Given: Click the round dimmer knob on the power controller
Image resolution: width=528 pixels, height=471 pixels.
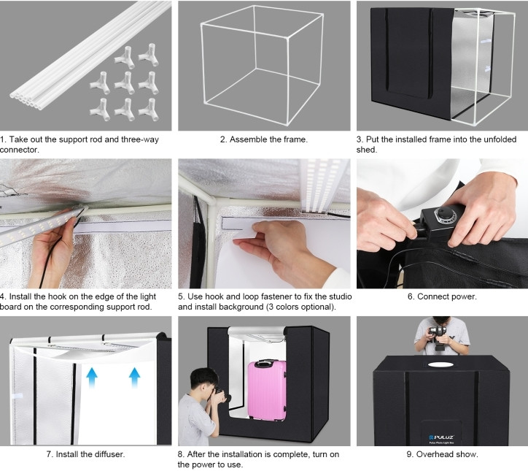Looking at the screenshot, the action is [x=444, y=214].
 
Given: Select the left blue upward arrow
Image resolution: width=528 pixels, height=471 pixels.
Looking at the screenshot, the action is [x=92, y=377].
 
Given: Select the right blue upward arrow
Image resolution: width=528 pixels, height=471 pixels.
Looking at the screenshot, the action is [x=134, y=377].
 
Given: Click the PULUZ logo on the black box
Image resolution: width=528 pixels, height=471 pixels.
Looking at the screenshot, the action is [x=441, y=437].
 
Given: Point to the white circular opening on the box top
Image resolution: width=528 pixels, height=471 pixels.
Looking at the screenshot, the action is [x=440, y=364].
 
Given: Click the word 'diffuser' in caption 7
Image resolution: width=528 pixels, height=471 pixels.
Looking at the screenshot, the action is [x=109, y=454].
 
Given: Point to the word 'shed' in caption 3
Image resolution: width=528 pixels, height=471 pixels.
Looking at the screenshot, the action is [x=366, y=150].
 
